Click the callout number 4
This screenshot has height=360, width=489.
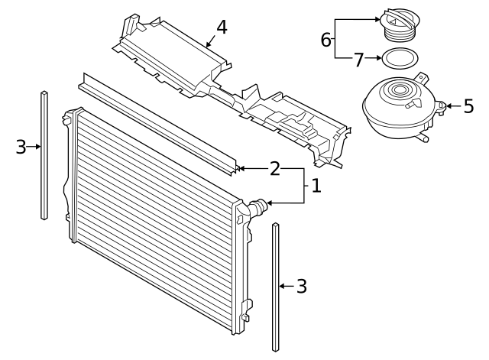[221, 28]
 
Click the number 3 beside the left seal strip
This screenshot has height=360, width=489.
[21, 147]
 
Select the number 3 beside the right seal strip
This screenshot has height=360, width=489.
[301, 287]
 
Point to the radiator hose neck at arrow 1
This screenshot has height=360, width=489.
[258, 205]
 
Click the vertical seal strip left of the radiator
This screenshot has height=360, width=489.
[44, 153]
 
